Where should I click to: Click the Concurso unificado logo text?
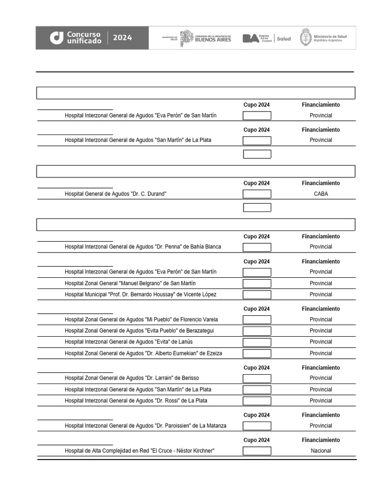point(84,38)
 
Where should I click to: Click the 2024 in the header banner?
point(123,38)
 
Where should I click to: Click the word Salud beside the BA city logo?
point(283,38)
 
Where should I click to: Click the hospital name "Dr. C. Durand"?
point(116,194)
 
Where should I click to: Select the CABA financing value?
point(321,194)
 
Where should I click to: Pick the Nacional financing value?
point(321,451)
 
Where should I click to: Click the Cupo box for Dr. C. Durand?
point(257,194)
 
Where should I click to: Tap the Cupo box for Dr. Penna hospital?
point(257,247)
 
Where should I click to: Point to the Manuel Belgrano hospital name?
point(130,283)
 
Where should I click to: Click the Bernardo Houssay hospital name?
point(140,294)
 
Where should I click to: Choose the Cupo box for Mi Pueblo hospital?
point(257,320)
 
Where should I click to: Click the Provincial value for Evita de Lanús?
point(321,342)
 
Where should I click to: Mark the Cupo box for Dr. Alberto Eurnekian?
point(257,353)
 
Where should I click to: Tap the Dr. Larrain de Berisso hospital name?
point(131,378)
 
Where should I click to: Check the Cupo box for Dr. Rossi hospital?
point(257,401)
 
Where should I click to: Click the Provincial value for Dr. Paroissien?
point(321,426)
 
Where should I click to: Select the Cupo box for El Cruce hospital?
point(257,451)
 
